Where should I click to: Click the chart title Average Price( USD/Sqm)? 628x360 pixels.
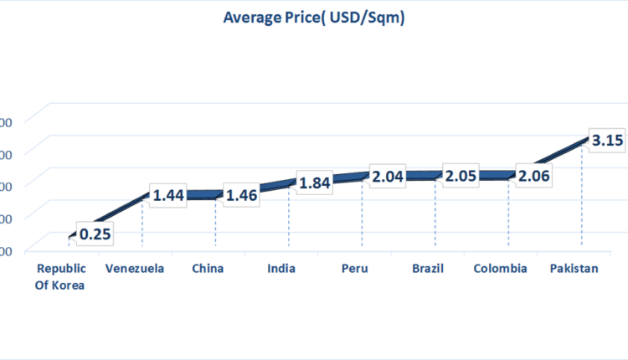[x=314, y=17]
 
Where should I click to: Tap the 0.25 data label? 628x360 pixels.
[x=95, y=234]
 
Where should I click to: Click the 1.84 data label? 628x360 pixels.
[x=314, y=183]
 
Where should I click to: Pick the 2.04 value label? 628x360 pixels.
[x=388, y=177]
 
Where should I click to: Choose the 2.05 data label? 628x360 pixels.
[x=461, y=176]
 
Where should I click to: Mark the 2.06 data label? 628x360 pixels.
[x=533, y=176]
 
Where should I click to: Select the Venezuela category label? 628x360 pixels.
[x=135, y=269]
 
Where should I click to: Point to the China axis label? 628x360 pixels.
[x=208, y=269]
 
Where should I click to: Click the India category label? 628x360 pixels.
[x=281, y=269]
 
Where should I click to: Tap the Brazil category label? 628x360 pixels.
[x=428, y=269]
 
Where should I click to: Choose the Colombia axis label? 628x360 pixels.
[x=500, y=269]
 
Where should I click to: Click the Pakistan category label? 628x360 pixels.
[x=574, y=269]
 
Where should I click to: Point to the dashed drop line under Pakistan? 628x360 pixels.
[x=582, y=201]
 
